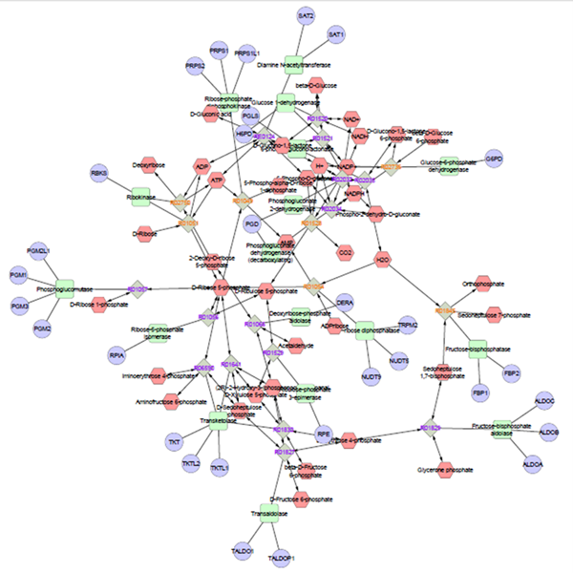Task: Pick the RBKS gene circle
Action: click(x=98, y=174)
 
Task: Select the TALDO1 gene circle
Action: click(x=242, y=550)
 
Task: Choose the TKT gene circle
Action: click(x=174, y=442)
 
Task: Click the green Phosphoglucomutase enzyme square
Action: click(x=64, y=287)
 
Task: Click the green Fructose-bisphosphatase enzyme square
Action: click(x=477, y=349)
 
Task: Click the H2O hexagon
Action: click(x=383, y=259)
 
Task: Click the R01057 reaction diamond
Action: click(x=137, y=287)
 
